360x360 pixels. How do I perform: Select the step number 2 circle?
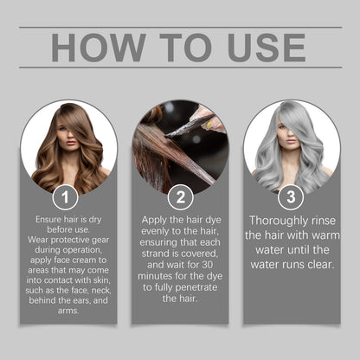(x=179, y=196)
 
